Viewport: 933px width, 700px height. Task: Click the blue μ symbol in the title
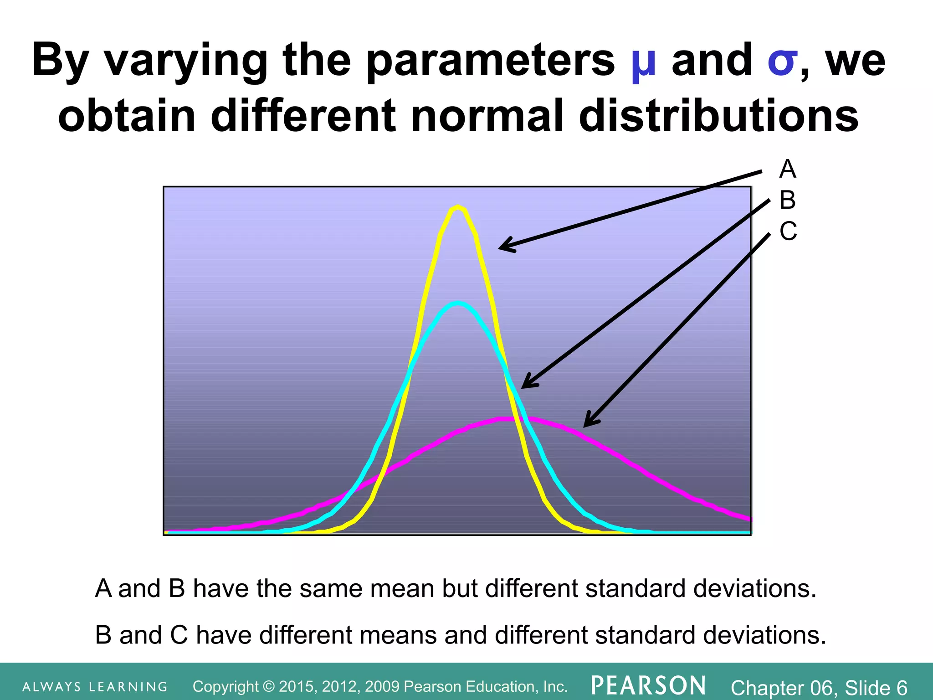pyautogui.click(x=643, y=62)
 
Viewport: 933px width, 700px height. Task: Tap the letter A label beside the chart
pyautogui.click(x=788, y=169)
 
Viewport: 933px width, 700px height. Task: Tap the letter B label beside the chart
pyautogui.click(x=788, y=200)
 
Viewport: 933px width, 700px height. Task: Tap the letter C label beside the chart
pyautogui.click(x=788, y=231)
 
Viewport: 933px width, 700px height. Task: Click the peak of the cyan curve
pyautogui.click(x=458, y=303)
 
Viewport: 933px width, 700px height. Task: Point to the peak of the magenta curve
pyautogui.click(x=509, y=418)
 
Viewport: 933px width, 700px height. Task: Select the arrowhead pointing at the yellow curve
pyautogui.click(x=503, y=247)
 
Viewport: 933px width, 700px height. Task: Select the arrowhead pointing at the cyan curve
pyautogui.click(x=526, y=384)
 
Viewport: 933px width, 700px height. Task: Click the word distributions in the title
pyautogui.click(x=718, y=116)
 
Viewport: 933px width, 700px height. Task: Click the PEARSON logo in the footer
pyautogui.click(x=648, y=685)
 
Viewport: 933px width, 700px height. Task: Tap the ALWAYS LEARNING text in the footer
pyautogui.click(x=95, y=687)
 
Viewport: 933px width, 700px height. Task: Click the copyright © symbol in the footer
pyautogui.click(x=269, y=686)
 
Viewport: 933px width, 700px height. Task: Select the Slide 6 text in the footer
pyautogui.click(x=876, y=687)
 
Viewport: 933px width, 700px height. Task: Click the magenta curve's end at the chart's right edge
pyautogui.click(x=748, y=519)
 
